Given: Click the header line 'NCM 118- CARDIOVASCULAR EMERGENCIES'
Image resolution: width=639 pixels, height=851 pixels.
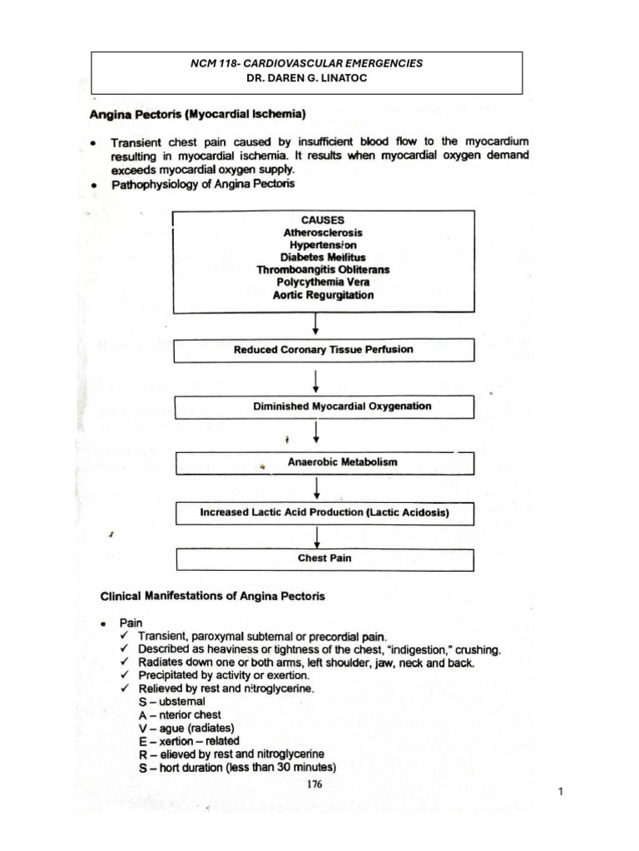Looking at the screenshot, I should [x=307, y=63].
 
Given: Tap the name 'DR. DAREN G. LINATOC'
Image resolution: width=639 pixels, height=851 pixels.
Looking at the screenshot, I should [x=307, y=78].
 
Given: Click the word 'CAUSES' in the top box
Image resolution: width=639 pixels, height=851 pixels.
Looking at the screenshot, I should [x=323, y=220].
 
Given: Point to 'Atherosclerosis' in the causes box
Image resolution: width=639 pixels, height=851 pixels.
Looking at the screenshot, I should [x=323, y=234].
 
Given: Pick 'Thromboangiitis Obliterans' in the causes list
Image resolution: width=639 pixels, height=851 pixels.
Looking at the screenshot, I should [x=323, y=270].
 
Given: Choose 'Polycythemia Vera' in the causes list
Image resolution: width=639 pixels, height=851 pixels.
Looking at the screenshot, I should [x=323, y=283].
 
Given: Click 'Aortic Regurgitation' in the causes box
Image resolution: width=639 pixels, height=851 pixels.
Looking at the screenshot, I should [x=323, y=295].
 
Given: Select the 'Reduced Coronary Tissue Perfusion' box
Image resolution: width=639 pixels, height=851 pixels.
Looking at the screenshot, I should [x=323, y=350].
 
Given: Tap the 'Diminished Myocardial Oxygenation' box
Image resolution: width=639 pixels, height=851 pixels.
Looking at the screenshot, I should [x=323, y=407].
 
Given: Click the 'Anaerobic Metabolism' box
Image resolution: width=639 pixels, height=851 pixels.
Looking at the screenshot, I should [x=323, y=462].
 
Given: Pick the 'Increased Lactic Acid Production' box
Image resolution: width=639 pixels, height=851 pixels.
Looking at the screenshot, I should [x=323, y=513].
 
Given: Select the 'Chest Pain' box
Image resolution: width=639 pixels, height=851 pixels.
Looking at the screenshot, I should [x=323, y=558].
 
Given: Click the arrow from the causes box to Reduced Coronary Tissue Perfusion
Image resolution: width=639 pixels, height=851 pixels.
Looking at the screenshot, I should [x=315, y=325].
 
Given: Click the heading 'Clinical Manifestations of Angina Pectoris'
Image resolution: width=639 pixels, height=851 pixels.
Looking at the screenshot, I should [x=212, y=596].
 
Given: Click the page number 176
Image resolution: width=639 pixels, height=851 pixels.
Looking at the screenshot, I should [x=314, y=783].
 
